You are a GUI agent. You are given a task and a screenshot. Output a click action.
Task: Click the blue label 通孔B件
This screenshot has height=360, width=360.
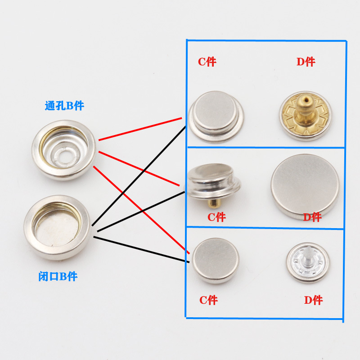click(x=64, y=106)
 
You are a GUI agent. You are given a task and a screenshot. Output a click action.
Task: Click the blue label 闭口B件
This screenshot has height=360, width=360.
click(x=58, y=276)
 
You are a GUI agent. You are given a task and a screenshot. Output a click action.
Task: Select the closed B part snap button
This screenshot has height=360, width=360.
click(x=58, y=227)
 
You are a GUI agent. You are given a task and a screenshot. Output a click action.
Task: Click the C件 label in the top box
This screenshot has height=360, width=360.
click(x=207, y=62)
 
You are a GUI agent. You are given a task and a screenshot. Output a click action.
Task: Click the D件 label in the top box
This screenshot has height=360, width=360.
click(x=306, y=62)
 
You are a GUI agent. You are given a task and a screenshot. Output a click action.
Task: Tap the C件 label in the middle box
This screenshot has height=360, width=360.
click(x=216, y=217)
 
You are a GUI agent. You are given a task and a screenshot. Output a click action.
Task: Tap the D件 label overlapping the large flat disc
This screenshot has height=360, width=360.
click(x=312, y=217)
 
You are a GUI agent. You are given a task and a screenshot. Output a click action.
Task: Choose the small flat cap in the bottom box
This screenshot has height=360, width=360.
click(x=216, y=261)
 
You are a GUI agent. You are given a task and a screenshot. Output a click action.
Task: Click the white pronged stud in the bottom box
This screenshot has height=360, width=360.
click(x=307, y=263)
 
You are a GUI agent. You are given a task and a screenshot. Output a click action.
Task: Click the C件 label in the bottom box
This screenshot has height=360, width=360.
click(x=208, y=300)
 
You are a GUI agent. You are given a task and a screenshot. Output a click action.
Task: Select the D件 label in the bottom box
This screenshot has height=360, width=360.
click(x=313, y=300)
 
